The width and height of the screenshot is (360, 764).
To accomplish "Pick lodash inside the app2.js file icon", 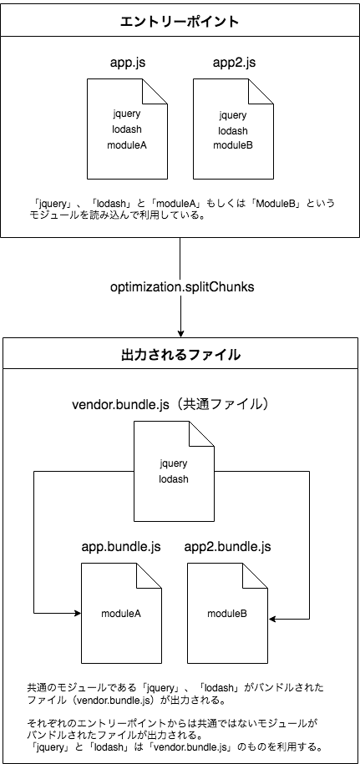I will [232, 130].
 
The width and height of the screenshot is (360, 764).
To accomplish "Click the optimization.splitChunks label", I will [181, 286].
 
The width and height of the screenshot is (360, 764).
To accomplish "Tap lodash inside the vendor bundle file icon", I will [174, 479].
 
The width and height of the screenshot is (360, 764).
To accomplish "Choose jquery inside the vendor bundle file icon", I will [174, 463].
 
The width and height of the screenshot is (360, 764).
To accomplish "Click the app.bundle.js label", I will [121, 547].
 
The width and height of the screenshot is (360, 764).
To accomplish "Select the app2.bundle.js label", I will [227, 547].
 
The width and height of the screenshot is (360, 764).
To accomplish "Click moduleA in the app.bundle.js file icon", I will [121, 614].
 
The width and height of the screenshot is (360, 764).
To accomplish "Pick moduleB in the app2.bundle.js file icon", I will [227, 614].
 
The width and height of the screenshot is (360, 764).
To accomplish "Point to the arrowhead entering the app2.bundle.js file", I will [272, 620].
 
